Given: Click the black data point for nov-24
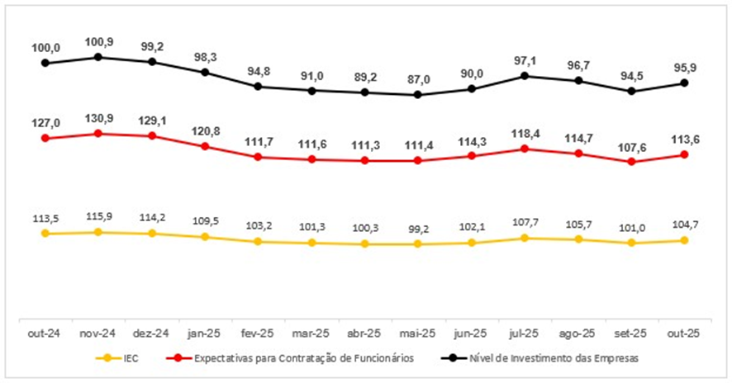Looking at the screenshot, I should (x=98, y=57).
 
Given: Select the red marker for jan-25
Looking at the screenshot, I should (x=205, y=147).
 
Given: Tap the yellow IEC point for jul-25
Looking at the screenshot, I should (x=525, y=238).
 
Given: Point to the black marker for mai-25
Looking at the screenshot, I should (x=418, y=94).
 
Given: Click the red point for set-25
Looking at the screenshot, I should (x=632, y=162).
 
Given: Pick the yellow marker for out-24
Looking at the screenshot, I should (x=45, y=234).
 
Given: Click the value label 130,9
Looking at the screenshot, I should (x=99, y=117).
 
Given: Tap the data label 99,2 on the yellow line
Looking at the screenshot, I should (x=418, y=229).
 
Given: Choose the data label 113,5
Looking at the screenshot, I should (x=45, y=219).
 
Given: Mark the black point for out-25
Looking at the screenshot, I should (x=685, y=83).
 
